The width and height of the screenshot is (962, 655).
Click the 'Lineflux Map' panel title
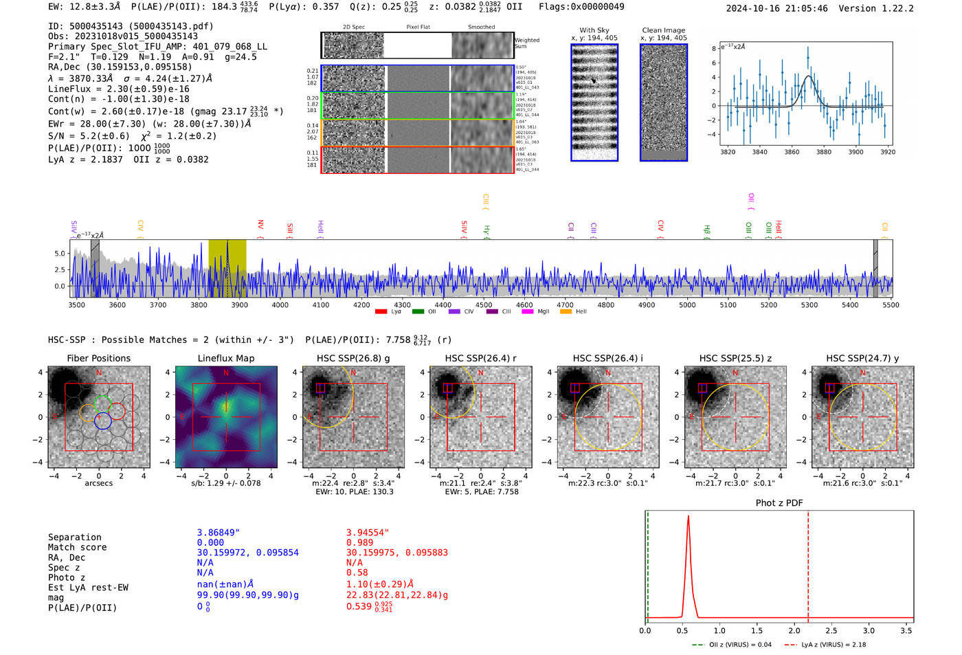(225, 358)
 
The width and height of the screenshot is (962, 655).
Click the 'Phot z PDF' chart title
(779, 503)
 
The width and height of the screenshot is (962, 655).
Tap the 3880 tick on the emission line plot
(823, 152)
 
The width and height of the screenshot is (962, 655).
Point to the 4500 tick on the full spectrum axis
(484, 304)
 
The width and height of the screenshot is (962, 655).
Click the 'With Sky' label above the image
(594, 30)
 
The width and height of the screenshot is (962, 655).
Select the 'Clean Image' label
(663, 30)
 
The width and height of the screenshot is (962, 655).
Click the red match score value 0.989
(361, 543)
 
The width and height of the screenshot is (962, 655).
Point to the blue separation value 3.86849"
(218, 533)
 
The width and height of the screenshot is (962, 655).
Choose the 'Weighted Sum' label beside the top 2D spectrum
(526, 43)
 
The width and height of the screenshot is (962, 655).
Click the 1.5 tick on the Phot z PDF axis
(757, 630)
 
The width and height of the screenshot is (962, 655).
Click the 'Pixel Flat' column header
(418, 27)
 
